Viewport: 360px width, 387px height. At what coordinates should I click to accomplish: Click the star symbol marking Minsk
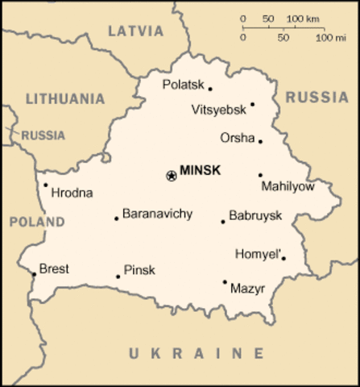tap(171, 175)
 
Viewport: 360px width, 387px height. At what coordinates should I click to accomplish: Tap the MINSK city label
tap(201, 171)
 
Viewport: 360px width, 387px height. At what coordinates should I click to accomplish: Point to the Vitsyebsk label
tap(218, 109)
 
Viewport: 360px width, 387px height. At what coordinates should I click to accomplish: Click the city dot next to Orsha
tap(260, 141)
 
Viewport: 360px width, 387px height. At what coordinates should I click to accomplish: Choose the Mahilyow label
tap(288, 187)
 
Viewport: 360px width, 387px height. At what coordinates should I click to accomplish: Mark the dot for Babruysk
tap(223, 221)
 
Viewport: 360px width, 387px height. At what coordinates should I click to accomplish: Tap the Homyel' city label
tap(258, 254)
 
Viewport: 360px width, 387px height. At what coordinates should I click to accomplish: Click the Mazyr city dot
tap(225, 281)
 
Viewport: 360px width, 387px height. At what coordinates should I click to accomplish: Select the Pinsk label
tap(139, 270)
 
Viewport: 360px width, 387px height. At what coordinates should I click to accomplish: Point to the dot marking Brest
tap(33, 274)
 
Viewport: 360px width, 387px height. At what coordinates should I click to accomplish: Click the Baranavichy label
tap(157, 214)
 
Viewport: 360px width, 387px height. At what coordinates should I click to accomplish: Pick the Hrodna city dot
tap(45, 185)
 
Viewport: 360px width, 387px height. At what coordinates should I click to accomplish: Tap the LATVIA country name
tap(134, 31)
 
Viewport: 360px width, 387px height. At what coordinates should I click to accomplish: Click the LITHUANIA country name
tap(65, 98)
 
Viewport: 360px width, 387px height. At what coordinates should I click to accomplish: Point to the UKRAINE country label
tap(196, 353)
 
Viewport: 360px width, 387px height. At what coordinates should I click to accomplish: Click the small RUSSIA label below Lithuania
tap(43, 135)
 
